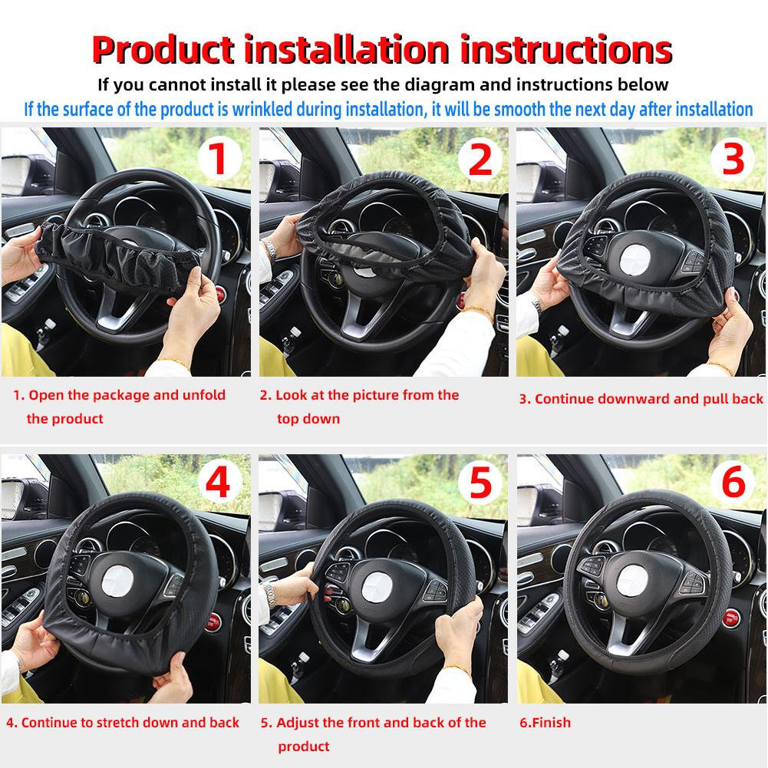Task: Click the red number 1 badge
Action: coord(219,160)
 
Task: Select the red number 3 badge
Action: coord(734,160)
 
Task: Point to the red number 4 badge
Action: coord(219,483)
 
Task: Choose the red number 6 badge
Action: coord(734,483)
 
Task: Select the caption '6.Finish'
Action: coord(546,722)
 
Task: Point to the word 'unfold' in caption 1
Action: coord(204,395)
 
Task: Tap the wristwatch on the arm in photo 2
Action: coord(270,249)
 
